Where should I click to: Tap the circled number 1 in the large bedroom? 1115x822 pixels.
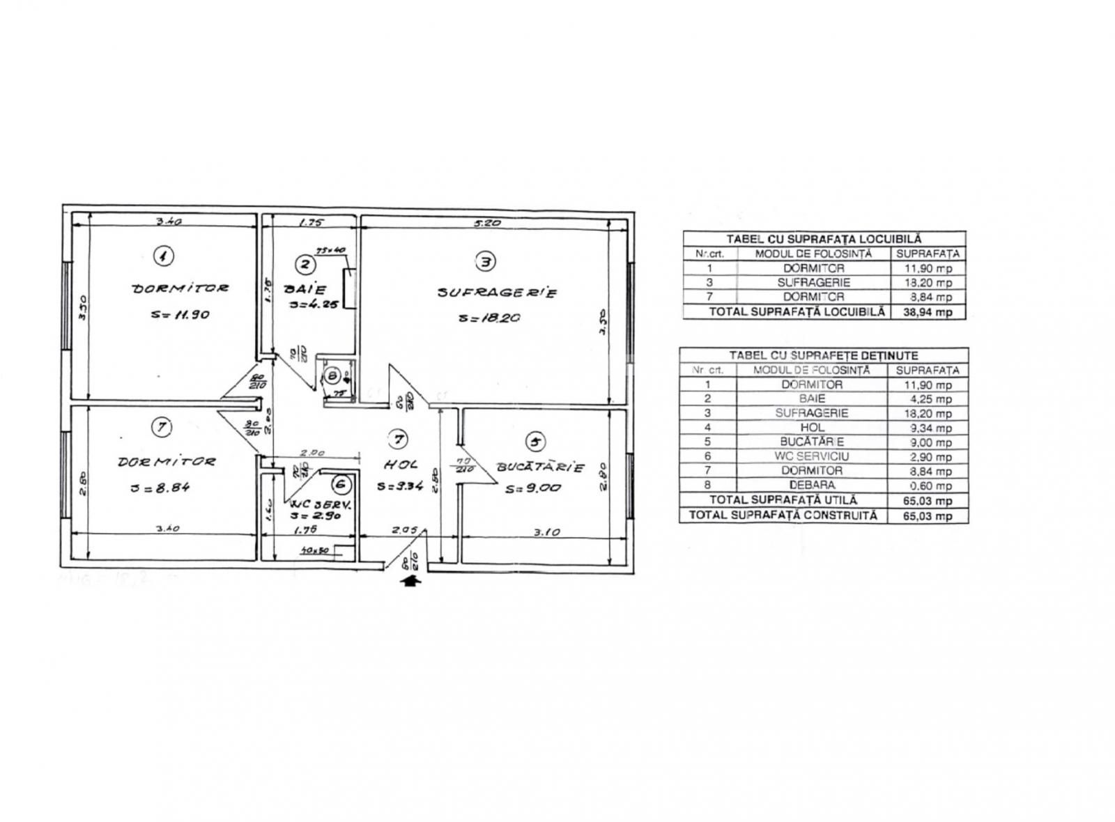(x=163, y=256)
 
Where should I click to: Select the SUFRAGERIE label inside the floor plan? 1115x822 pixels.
(x=497, y=293)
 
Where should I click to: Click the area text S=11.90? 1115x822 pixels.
(x=180, y=314)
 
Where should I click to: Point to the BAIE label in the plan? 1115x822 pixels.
(x=305, y=288)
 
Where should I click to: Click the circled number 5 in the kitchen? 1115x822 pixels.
(x=535, y=442)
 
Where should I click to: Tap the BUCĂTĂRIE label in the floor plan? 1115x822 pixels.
(x=539, y=467)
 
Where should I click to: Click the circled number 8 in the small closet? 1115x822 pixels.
(x=333, y=377)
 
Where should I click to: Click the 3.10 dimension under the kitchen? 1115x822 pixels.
(x=546, y=532)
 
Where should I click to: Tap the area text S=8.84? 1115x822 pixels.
(x=160, y=488)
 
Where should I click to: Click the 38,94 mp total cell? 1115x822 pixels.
(x=929, y=312)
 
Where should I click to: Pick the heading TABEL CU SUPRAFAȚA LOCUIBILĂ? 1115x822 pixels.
(x=824, y=239)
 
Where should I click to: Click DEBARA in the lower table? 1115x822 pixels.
(x=812, y=486)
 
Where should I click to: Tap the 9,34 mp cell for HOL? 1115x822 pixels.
(x=928, y=428)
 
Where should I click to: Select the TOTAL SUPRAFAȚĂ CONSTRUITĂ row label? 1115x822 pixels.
(x=783, y=515)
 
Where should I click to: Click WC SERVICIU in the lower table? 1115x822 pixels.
(x=812, y=456)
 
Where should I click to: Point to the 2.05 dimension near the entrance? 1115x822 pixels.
(x=404, y=530)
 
